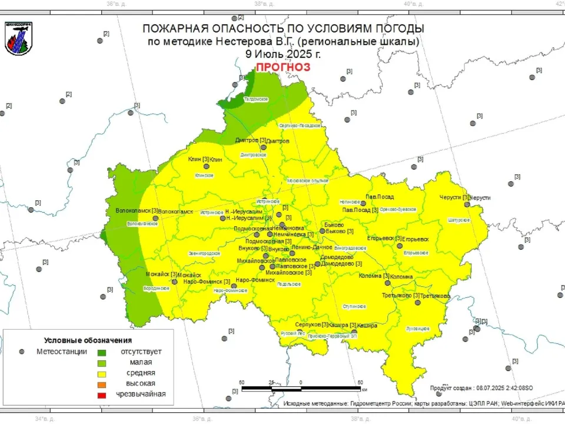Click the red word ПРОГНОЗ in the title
pyautogui.click(x=283, y=67)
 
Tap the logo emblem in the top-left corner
pyautogui.click(x=19, y=38)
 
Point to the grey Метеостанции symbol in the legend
pyautogui.click(x=22, y=352)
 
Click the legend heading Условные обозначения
pyautogui.click(x=88, y=340)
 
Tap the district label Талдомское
pyautogui.click(x=256, y=100)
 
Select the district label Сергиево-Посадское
pyautogui.click(x=300, y=125)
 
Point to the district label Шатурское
pyautogui.click(x=459, y=220)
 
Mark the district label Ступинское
pyautogui.click(x=355, y=306)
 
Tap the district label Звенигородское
pyautogui.click(x=204, y=253)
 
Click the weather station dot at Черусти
pyautogui.click(x=467, y=204)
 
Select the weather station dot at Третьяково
pyautogui.click(x=417, y=303)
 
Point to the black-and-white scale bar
pyautogui.click(x=301, y=389)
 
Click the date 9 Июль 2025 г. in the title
pyautogui.click(x=283, y=54)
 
